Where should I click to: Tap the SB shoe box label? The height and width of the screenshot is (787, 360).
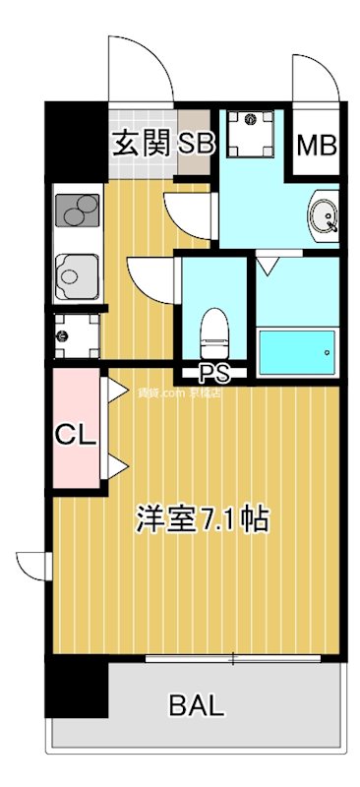point(195,145)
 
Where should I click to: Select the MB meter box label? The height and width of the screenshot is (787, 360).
point(317,147)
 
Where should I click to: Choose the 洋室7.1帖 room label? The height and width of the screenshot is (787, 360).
point(202,518)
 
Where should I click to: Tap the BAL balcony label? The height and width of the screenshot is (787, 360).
point(197,704)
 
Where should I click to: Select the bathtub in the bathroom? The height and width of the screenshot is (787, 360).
point(296,350)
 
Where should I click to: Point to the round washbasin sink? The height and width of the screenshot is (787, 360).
point(322,211)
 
